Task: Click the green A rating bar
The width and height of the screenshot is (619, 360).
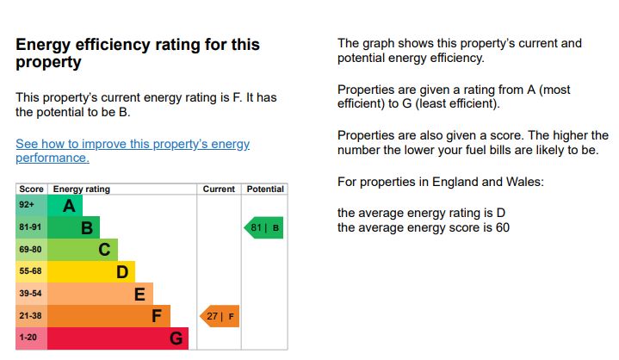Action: point(65,206)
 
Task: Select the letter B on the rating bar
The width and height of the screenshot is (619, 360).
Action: point(86,228)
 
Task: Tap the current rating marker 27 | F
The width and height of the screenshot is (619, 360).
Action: point(220,316)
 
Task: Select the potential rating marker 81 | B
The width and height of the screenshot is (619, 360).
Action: point(263,228)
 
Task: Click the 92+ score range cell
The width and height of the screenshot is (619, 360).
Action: point(31,206)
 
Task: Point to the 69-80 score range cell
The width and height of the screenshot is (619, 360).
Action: point(31,250)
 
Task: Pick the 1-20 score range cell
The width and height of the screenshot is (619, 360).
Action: point(31,338)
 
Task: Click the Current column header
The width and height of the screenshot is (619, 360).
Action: point(219,189)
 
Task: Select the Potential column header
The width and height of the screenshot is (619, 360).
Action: point(265,189)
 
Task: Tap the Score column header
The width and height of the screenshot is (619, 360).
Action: point(31,189)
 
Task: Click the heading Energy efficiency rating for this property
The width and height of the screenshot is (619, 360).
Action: point(138,53)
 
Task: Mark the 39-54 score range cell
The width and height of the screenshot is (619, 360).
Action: point(31,295)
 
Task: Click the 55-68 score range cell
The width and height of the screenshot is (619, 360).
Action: point(31,272)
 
